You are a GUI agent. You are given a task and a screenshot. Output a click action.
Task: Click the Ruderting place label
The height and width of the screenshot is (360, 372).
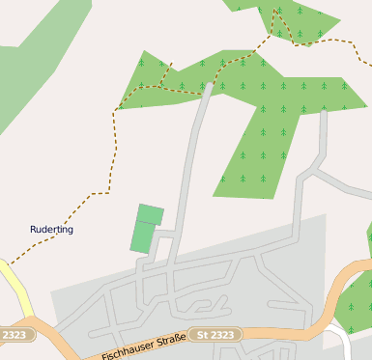(x=51, y=230)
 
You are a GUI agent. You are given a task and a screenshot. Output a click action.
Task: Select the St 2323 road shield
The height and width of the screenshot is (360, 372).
(x=215, y=335)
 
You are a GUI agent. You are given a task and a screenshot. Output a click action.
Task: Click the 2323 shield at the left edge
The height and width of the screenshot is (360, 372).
(x=14, y=335)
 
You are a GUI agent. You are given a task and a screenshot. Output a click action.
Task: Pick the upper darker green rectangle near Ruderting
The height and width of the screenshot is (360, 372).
(x=150, y=213)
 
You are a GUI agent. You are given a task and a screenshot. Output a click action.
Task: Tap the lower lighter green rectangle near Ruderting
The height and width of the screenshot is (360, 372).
(x=142, y=236)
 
